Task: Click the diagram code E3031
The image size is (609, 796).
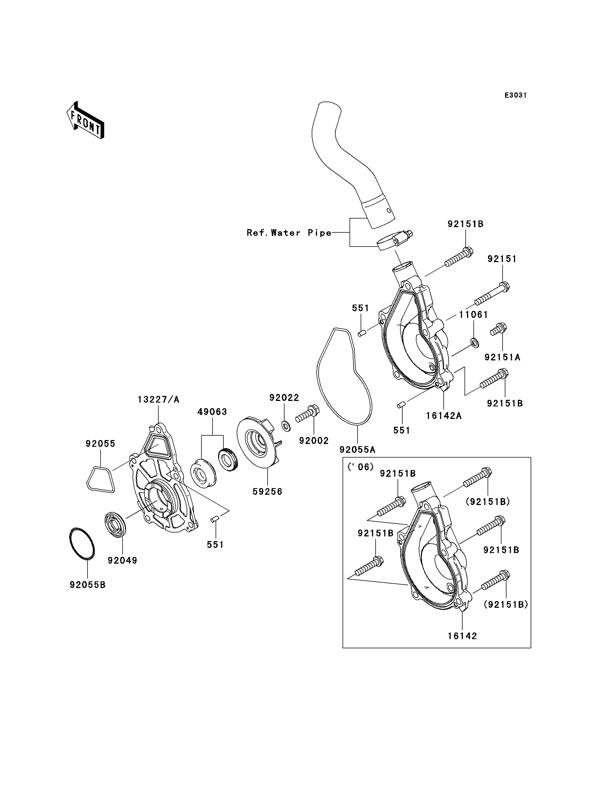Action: [x=515, y=95]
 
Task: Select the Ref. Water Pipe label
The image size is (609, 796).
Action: [x=289, y=233]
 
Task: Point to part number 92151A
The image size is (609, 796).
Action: [x=502, y=357]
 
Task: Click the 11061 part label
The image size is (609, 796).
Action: [x=473, y=315]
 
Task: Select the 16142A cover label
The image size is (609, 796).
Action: [x=444, y=416]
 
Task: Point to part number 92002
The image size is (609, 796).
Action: [x=314, y=441]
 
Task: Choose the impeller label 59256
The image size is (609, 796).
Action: [x=267, y=492]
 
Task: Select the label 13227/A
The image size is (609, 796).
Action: [x=158, y=400]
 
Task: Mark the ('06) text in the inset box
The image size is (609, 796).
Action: [x=360, y=467]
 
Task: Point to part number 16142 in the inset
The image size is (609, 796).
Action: [x=462, y=636]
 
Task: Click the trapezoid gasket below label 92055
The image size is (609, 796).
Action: [x=100, y=479]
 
